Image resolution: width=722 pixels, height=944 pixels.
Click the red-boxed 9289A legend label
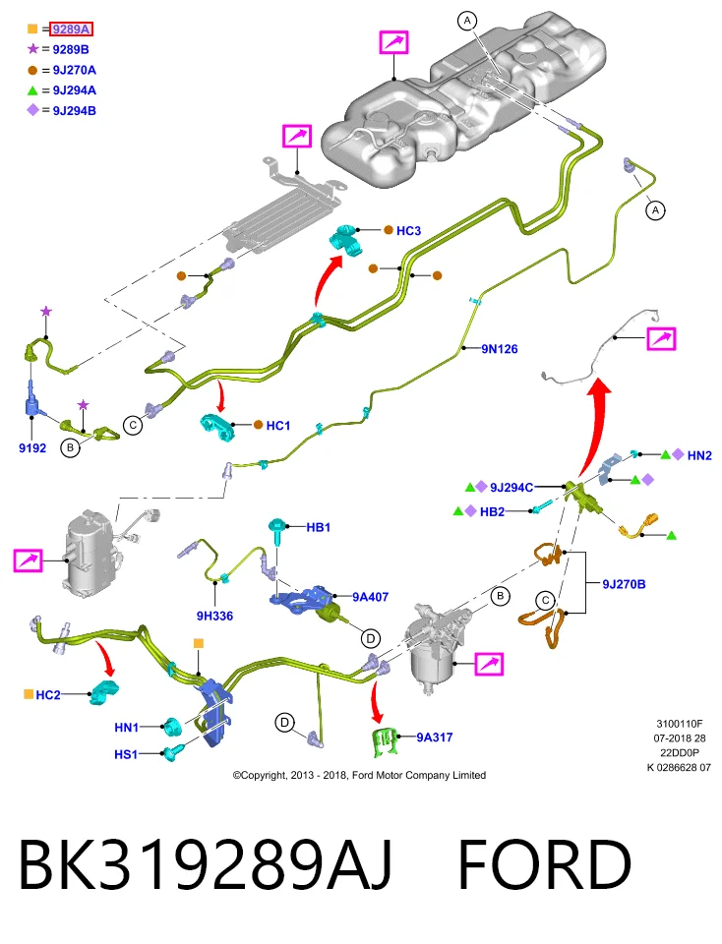click(71, 29)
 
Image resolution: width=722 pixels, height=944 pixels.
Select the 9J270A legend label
click(74, 70)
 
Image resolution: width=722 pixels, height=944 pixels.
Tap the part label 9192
click(31, 448)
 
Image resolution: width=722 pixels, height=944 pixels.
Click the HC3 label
click(408, 230)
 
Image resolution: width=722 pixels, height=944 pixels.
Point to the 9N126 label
click(499, 348)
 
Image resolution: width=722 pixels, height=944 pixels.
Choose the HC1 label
click(277, 426)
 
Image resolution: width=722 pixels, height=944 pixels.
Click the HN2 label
click(699, 455)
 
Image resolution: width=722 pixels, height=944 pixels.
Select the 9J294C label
click(511, 488)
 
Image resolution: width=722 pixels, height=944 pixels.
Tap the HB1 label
click(318, 527)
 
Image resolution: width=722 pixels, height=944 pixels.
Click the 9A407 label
click(370, 597)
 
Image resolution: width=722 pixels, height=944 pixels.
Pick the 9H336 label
click(214, 616)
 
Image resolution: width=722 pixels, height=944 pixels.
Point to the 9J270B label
click(624, 584)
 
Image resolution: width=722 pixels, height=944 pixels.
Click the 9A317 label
click(434, 737)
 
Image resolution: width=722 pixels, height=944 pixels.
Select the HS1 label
click(126, 754)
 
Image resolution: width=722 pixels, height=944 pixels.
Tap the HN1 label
click(127, 728)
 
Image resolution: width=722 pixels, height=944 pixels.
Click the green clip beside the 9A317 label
click(385, 741)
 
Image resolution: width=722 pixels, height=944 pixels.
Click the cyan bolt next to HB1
click(277, 531)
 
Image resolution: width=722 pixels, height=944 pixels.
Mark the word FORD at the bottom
click(544, 864)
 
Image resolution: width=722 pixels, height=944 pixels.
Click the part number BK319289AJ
click(206, 864)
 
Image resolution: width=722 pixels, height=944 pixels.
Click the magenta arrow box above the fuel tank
click(393, 42)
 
